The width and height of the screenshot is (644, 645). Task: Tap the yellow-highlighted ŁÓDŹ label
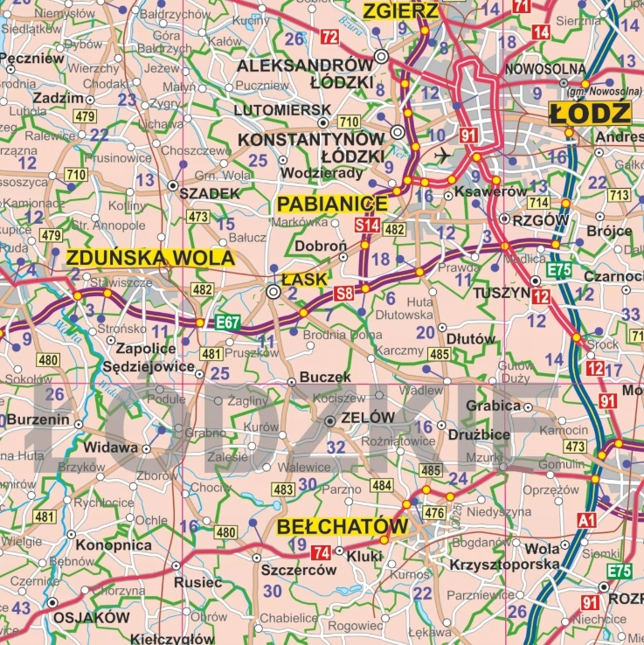pyautogui.click(x=590, y=113)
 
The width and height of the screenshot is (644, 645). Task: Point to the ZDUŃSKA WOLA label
pyautogui.click(x=150, y=258)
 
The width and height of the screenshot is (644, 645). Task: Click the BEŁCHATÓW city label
pyautogui.click(x=343, y=527)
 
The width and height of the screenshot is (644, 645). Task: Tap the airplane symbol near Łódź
pyautogui.click(x=443, y=155)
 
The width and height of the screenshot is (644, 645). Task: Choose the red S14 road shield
pyautogui.click(x=367, y=226)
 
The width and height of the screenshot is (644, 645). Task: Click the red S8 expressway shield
pyautogui.click(x=343, y=294)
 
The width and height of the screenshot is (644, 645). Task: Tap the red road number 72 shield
pyautogui.click(x=329, y=37)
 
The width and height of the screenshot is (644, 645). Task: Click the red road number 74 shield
pyautogui.click(x=321, y=551)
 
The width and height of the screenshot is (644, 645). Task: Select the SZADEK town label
pyautogui.click(x=209, y=193)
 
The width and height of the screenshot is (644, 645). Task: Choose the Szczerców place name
pyautogui.click(x=298, y=570)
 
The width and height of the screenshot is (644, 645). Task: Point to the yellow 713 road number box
pyautogui.click(x=619, y=195)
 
